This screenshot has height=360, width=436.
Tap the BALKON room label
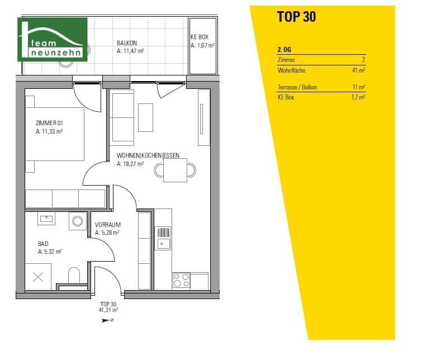click(127, 42)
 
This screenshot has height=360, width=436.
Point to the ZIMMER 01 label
click(49, 124)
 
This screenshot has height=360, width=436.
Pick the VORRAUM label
click(108, 225)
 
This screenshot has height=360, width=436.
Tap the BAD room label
click(43, 244)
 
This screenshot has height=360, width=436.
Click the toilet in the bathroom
click(74, 275)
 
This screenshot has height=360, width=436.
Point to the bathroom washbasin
click(46, 219)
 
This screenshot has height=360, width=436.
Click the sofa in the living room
click(122, 116)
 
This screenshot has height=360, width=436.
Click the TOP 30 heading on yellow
click(296, 17)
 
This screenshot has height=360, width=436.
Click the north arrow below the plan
click(108, 320)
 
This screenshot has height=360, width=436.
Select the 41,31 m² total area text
click(108, 309)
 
